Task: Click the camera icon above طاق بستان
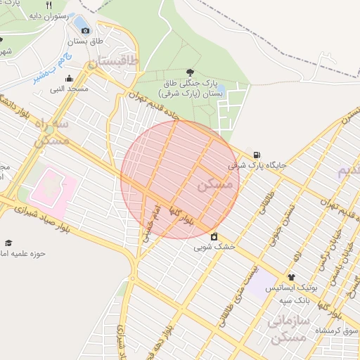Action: [x=86, y=30]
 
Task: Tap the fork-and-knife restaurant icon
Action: [x=49, y=5]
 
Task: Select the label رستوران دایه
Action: [x=48, y=15]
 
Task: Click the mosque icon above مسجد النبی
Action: [x=69, y=79]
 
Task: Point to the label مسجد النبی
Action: [x=68, y=89]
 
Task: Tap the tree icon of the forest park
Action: [x=191, y=72]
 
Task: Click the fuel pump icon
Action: [x=257, y=155]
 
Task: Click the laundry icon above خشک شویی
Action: [x=214, y=236]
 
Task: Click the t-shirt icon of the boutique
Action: [x=290, y=278]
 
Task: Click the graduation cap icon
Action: [x=8, y=243]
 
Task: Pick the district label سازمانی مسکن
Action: [x=287, y=329]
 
